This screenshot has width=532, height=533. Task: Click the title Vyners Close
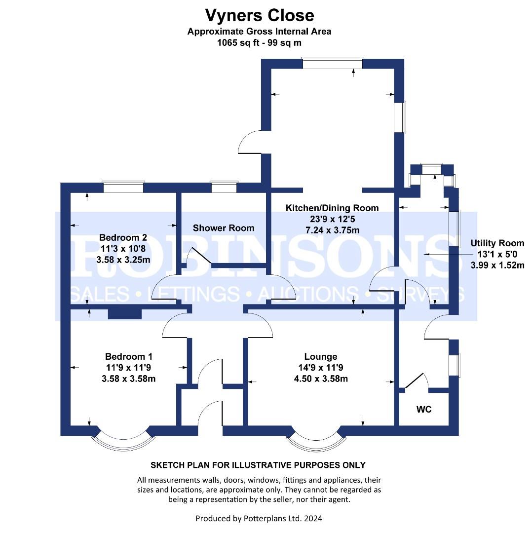coord(260,15)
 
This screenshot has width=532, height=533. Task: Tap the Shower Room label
coord(224,228)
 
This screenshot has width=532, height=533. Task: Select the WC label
coord(424,409)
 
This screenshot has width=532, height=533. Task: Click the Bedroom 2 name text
coord(123,237)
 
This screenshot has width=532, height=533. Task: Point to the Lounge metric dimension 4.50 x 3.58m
coord(321,379)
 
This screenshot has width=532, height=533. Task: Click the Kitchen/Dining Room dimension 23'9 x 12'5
coord(333,219)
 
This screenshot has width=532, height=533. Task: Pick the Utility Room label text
coord(497,243)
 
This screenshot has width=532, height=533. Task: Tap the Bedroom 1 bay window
coord(123,441)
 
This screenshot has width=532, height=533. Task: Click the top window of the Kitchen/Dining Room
coord(333,63)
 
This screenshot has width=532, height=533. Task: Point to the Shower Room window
coord(224,187)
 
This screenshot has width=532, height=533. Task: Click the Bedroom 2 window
coord(124,187)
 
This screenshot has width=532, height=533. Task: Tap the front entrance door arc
coord(209,408)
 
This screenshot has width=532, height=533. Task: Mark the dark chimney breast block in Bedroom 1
coord(125,314)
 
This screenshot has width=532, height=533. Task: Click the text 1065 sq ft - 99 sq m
coord(260,43)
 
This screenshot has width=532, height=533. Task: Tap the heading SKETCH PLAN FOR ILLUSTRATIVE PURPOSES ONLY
coord(258,465)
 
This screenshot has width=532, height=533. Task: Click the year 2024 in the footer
coord(313,518)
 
